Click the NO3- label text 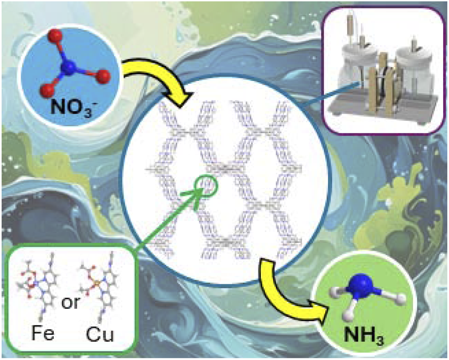[x=72, y=108]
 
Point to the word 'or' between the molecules [x=70, y=303]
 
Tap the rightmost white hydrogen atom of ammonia [x=401, y=299]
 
